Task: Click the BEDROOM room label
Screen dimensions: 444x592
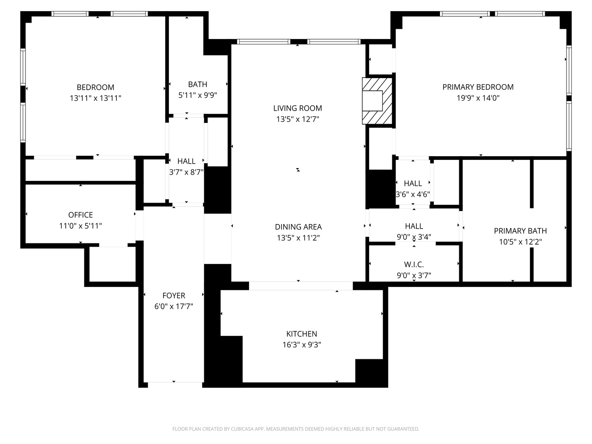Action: pyautogui.click(x=95, y=87)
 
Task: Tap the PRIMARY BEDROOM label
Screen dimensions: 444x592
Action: pyautogui.click(x=478, y=87)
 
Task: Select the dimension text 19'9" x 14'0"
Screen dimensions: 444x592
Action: pyautogui.click(x=478, y=98)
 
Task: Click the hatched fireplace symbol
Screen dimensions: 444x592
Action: pyautogui.click(x=377, y=101)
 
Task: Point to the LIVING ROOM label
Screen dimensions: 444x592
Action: pyautogui.click(x=298, y=108)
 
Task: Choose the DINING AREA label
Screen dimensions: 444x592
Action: pyautogui.click(x=298, y=227)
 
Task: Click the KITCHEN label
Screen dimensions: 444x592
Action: pyautogui.click(x=301, y=334)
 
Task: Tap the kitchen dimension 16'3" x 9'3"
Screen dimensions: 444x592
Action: pyautogui.click(x=301, y=345)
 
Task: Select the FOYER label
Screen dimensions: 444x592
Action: pyautogui.click(x=173, y=296)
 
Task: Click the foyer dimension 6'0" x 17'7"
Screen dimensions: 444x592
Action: pyautogui.click(x=173, y=306)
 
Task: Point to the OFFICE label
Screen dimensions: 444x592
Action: pyautogui.click(x=81, y=215)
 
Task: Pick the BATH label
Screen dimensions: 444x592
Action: pyautogui.click(x=197, y=84)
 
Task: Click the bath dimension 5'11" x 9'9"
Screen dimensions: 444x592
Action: pyautogui.click(x=197, y=95)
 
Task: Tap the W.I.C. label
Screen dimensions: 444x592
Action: pyautogui.click(x=414, y=264)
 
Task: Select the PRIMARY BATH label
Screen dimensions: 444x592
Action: pyautogui.click(x=520, y=231)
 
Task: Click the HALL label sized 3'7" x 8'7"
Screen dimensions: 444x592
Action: pyautogui.click(x=186, y=161)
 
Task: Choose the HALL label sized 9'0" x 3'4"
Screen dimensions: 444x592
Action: pyautogui.click(x=414, y=226)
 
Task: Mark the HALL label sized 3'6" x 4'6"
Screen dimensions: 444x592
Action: pyautogui.click(x=413, y=183)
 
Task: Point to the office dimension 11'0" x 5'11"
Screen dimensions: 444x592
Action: pyautogui.click(x=81, y=226)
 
